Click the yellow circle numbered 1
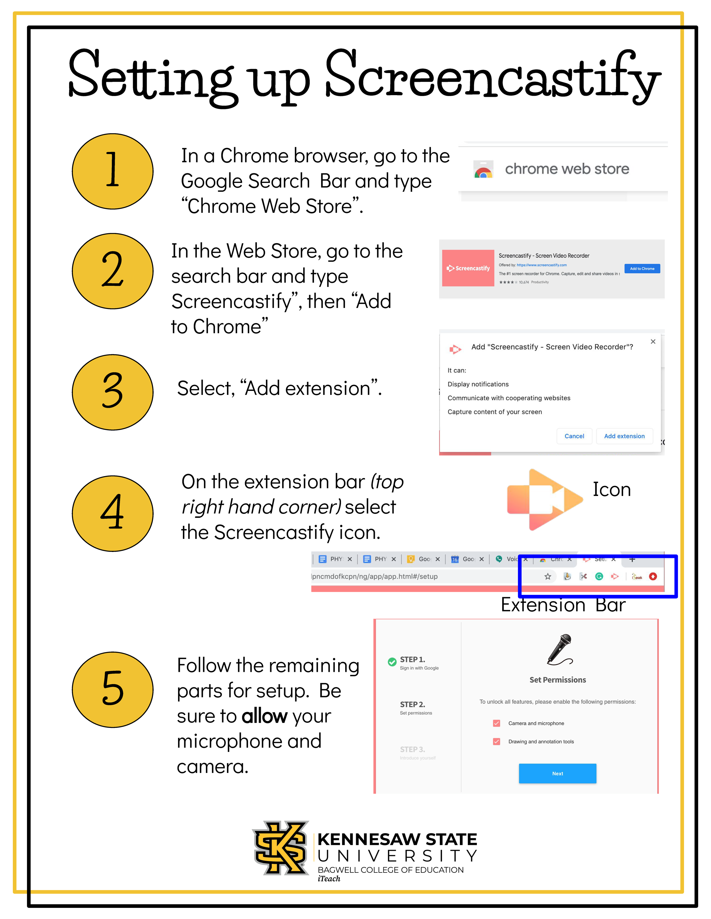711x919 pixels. pos(112,171)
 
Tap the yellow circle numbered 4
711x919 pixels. pos(112,513)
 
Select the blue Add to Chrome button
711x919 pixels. pos(642,268)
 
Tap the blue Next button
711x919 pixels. pos(557,773)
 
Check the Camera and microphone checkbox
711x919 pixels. pos(497,723)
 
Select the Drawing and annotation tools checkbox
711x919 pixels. pos(497,741)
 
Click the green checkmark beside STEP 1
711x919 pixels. pos(392,661)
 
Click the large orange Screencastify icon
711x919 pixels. pos(544,499)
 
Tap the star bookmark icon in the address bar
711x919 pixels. pos(547,576)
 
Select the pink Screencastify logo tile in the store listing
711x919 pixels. pos(468,268)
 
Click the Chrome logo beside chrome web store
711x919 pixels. pos(483,170)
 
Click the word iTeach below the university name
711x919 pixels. pos(329,879)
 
